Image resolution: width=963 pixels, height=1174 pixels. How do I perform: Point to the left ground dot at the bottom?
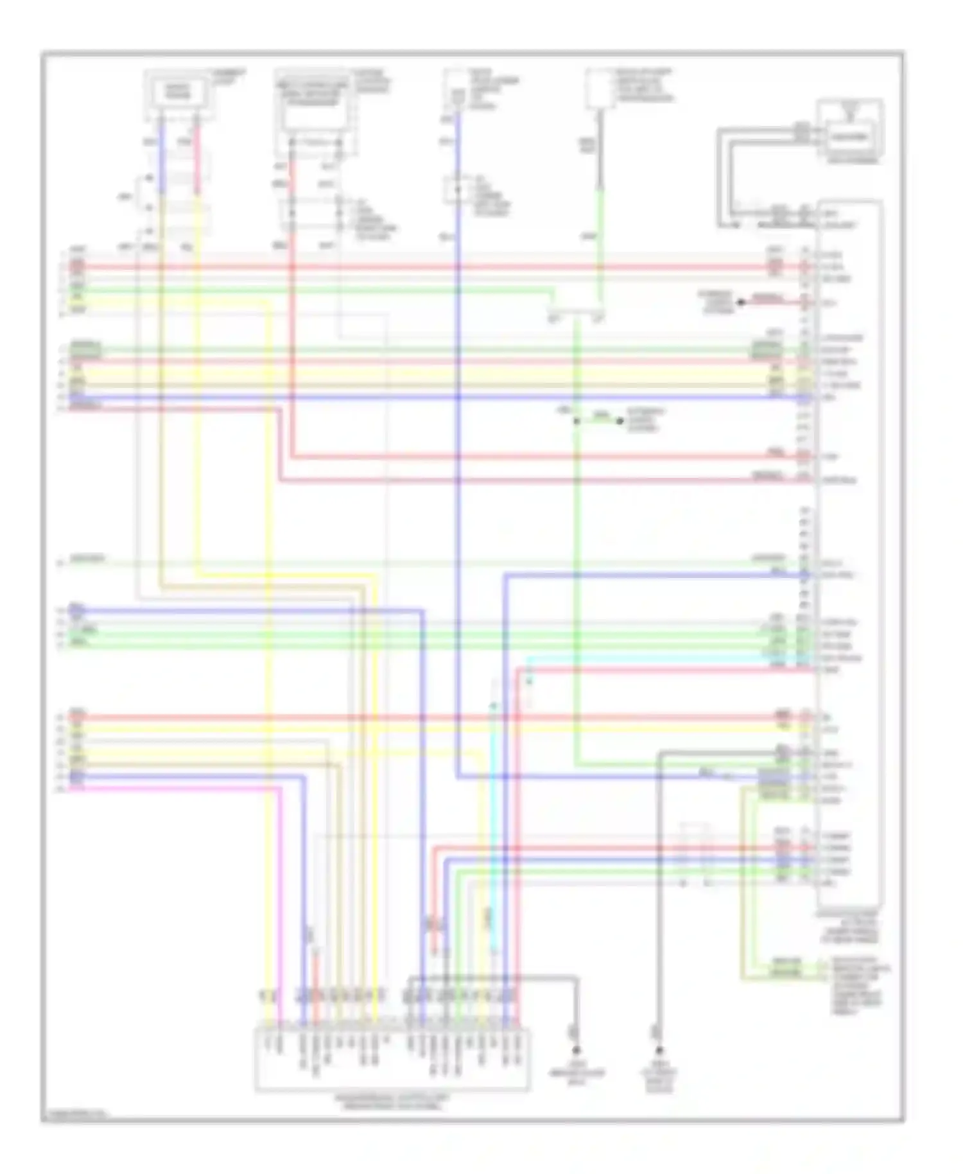[x=576, y=1051]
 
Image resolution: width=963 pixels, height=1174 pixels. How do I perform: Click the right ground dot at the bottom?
[x=659, y=1051]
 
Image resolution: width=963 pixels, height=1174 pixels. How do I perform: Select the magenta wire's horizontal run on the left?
[x=173, y=788]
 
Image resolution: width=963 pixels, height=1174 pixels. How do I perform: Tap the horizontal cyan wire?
[x=642, y=658]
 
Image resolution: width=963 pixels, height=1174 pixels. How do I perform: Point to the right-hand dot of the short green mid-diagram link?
[x=620, y=421]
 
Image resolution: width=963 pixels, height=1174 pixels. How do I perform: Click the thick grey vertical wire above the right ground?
[x=659, y=899]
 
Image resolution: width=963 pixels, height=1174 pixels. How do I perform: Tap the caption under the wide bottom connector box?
[x=392, y=1102]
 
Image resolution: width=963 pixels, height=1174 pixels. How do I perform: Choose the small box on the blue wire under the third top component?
[x=457, y=190]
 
